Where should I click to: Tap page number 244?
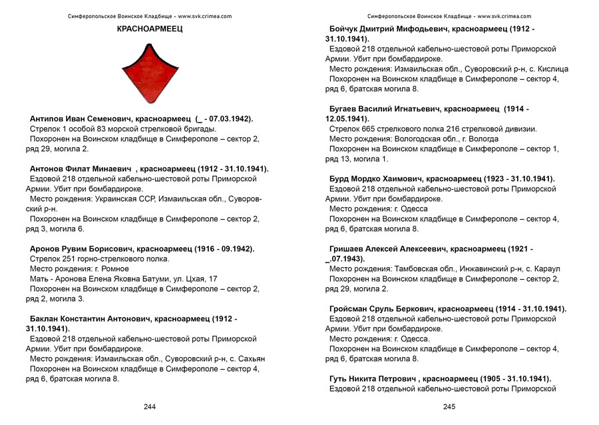pyautogui.click(x=149, y=406)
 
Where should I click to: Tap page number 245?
pyautogui.click(x=449, y=406)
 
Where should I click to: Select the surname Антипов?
pyautogui.click(x=48, y=119)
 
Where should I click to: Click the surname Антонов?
pyautogui.click(x=48, y=169)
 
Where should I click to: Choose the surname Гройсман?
pyautogui.click(x=353, y=309)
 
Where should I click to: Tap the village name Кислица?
pyautogui.click(x=550, y=69)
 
